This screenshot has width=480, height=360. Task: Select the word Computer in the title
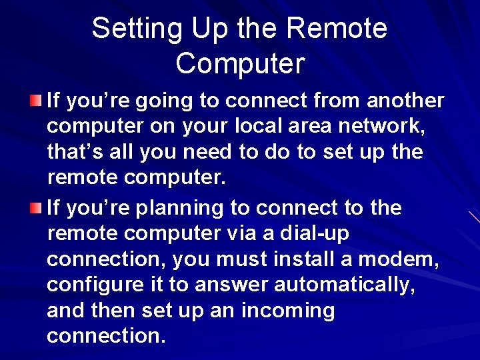tap(240, 63)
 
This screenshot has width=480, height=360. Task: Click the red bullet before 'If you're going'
tap(36, 101)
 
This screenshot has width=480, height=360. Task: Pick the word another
tap(405, 101)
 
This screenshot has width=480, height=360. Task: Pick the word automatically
tap(357, 285)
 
